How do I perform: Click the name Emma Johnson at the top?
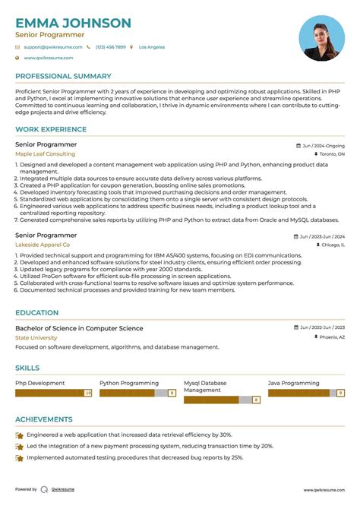pos(73,23)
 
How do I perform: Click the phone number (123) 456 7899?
pos(110,47)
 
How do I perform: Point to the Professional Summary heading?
pos(63,76)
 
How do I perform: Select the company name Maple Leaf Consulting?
pos(45,153)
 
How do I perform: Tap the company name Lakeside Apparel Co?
pos(43,245)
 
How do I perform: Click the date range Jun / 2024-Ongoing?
pos(323,145)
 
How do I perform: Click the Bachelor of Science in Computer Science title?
pos(79,328)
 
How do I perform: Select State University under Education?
pos(36,337)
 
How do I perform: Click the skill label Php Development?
pos(40,383)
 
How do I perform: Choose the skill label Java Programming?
pos(294,383)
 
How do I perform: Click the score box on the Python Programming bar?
pos(172,393)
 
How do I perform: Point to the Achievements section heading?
pos(45,419)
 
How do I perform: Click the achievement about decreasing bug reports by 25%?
pos(135,457)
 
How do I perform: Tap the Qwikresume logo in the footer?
pos(45,489)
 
